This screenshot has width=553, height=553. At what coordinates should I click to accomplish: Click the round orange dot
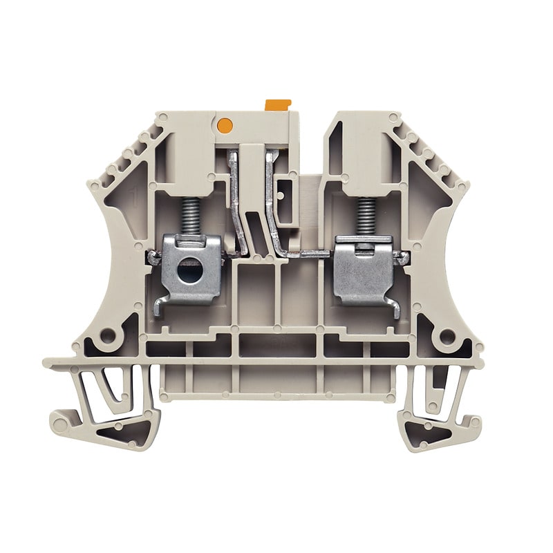[x=224, y=125]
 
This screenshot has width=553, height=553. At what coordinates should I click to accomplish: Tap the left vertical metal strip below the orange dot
[x=238, y=200]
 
